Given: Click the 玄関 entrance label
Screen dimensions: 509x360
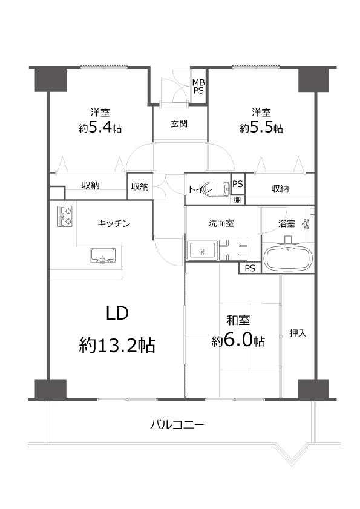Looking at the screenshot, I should (x=178, y=124).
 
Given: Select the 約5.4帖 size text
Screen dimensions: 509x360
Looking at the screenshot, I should (x=100, y=128).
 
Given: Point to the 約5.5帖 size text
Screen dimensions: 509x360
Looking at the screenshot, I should (x=261, y=128).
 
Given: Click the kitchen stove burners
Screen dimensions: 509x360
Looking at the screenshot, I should (x=65, y=216).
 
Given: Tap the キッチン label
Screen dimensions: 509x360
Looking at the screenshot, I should (x=114, y=223).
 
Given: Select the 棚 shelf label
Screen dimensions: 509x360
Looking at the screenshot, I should (x=238, y=199).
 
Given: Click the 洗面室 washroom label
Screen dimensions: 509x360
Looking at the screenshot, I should (x=221, y=223).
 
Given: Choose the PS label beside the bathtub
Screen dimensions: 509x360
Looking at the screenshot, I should (x=250, y=268).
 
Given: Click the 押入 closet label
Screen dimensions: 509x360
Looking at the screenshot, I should (x=297, y=332).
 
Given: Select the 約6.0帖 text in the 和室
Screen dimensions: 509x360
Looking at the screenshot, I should (x=238, y=341).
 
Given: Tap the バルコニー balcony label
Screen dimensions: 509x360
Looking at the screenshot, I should (x=177, y=425).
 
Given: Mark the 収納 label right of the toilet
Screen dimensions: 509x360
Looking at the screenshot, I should (x=280, y=189).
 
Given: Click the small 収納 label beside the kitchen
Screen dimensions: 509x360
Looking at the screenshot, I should (x=140, y=186).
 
